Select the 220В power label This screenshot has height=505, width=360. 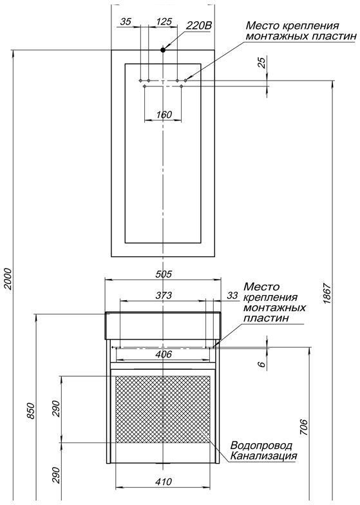click(198, 26)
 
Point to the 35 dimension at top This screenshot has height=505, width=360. click(126, 21)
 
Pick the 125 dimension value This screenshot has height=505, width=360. click(164, 21)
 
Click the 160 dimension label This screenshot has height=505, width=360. click(164, 115)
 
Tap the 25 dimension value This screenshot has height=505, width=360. click(261, 64)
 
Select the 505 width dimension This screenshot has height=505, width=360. click(164, 273)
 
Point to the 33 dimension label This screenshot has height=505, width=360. click(232, 296)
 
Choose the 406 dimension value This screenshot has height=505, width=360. click(164, 354)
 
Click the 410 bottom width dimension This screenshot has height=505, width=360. click(164, 481)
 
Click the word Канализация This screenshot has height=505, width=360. click(264, 456)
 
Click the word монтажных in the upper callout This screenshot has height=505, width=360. click(272, 37)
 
